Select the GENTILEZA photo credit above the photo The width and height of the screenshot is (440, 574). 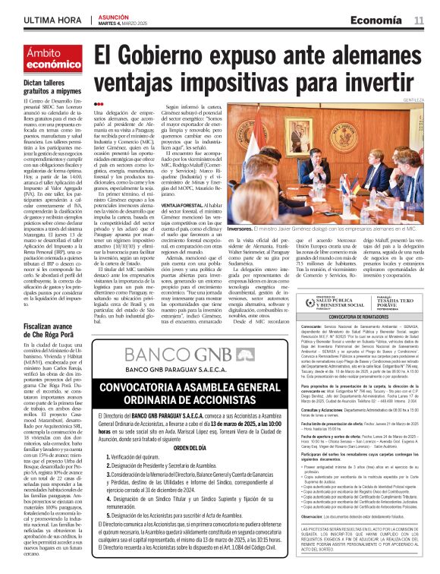413,99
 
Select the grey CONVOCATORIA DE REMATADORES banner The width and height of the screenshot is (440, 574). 360,317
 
